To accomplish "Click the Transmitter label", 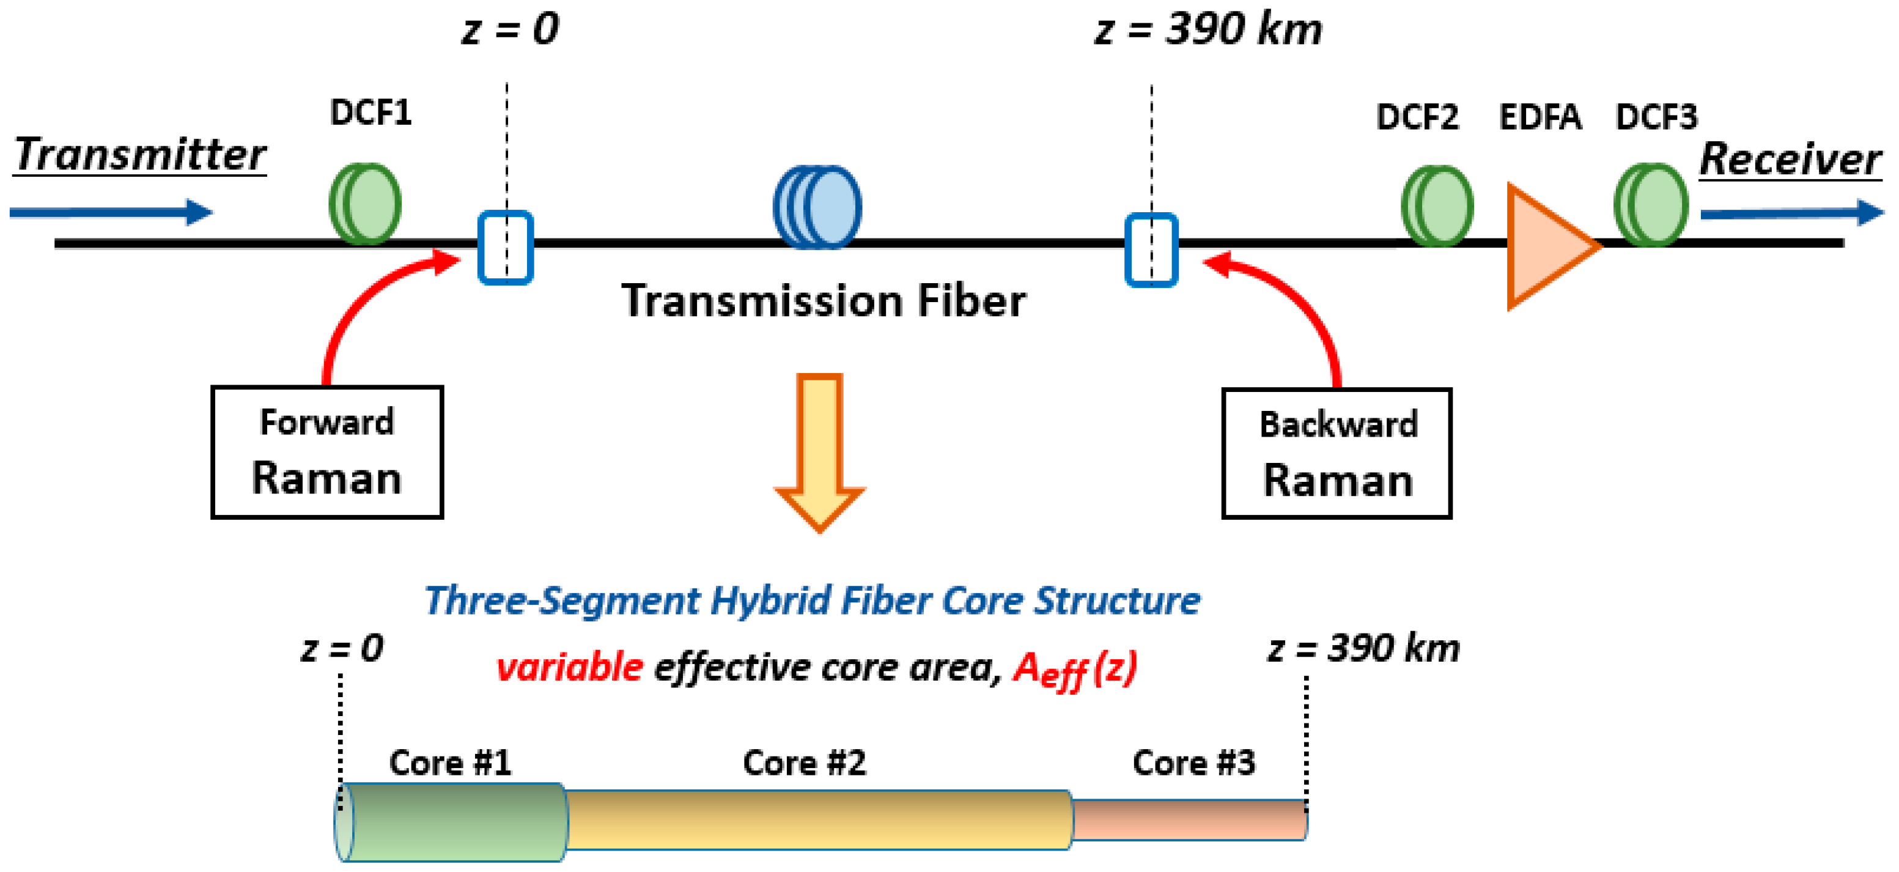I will (x=140, y=155).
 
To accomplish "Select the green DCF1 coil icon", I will (x=366, y=204).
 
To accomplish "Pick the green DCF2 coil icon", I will (x=1437, y=205).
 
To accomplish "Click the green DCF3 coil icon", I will (x=1651, y=204).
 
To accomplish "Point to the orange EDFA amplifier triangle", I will (x=1544, y=246).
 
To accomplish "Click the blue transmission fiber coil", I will (x=817, y=207).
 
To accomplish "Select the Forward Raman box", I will (x=326, y=451).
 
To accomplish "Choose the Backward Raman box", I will (x=1336, y=453).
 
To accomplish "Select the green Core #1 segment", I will (x=454, y=821).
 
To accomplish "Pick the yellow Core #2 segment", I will (x=818, y=819).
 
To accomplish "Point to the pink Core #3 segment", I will (x=1189, y=819).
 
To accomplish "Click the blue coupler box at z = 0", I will (x=506, y=248).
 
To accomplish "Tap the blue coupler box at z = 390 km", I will (x=1151, y=249).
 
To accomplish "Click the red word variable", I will (x=569, y=667).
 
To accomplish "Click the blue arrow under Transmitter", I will (x=111, y=212).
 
